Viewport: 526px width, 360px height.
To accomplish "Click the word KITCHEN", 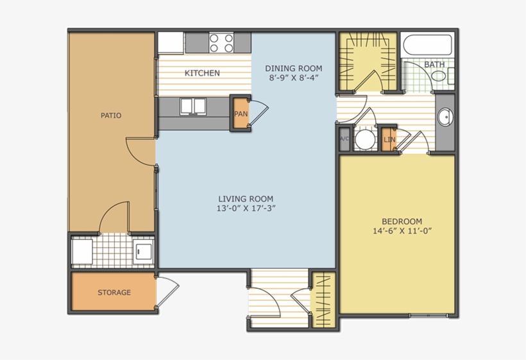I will click(202, 73).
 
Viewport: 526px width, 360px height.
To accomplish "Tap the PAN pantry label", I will click(241, 114).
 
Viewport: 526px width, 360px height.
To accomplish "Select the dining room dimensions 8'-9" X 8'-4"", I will click(294, 78).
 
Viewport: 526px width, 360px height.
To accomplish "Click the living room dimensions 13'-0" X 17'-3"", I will click(246, 209).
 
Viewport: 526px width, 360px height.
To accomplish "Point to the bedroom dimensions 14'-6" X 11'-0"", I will click(397, 231).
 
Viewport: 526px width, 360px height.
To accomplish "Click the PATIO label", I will click(111, 116).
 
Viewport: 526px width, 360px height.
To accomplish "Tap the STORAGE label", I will click(114, 293).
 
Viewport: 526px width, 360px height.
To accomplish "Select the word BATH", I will click(434, 65).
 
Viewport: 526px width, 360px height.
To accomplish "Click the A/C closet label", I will click(343, 139).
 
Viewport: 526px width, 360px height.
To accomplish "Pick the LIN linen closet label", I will click(389, 139).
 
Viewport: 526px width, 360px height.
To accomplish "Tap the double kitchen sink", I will click(192, 106).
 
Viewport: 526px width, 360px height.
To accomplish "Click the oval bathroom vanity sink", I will click(445, 117).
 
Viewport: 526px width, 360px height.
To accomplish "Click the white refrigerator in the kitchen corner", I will click(171, 42).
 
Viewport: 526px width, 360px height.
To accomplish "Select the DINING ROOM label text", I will click(294, 69).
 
